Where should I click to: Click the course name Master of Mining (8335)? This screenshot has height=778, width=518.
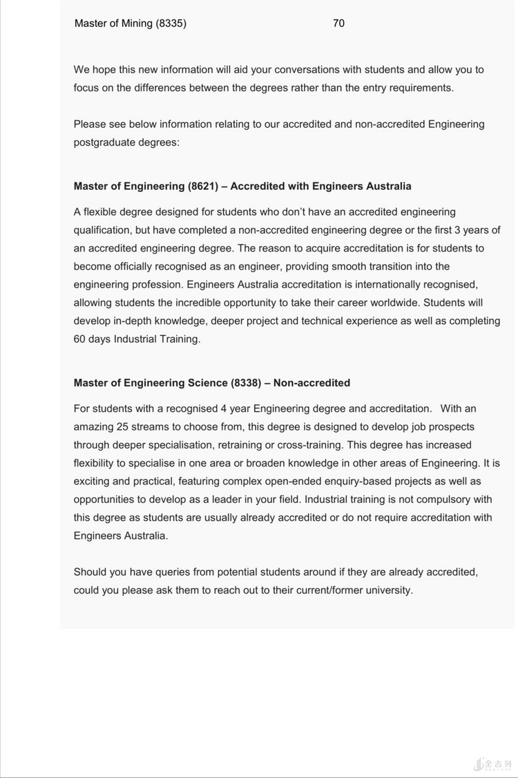pyautogui.click(x=130, y=23)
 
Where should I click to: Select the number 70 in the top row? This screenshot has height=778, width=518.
pyautogui.click(x=338, y=23)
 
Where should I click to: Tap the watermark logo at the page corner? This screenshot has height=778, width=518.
pyautogui.click(x=493, y=764)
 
